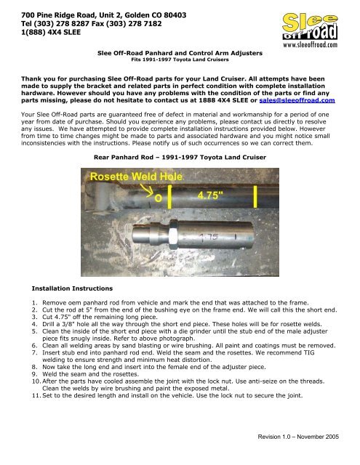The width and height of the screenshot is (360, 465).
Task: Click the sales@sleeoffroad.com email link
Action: pos(297,100)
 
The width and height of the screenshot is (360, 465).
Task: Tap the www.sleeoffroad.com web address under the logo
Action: pos(310,45)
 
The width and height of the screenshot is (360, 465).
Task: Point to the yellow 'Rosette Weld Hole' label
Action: pos(136,177)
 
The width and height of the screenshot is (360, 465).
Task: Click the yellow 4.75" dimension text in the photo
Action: pos(210,195)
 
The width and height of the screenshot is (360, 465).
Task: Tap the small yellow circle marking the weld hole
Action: pos(159,198)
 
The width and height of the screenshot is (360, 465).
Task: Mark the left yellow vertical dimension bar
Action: pos(169,196)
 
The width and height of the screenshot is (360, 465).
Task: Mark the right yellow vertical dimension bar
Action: pos(255,197)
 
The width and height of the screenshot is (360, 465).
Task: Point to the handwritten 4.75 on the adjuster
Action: pos(209,238)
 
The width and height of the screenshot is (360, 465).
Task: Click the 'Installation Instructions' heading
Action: pos(72,288)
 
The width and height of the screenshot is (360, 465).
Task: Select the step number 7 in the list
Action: pos(35,352)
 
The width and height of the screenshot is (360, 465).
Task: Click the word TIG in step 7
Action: pos(308,352)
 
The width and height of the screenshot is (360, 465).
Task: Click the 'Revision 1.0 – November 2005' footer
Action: pos(298,437)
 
